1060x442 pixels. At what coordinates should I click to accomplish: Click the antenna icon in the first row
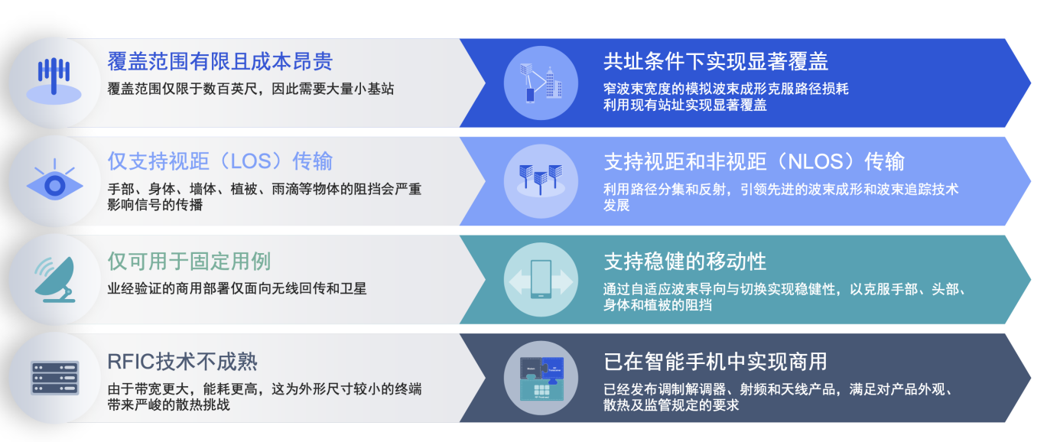[x=54, y=80]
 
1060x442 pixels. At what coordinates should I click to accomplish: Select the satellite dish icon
[x=55, y=279]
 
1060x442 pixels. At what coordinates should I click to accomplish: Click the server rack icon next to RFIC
[x=55, y=378]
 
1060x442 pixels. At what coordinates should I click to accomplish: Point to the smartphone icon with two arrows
[x=541, y=280]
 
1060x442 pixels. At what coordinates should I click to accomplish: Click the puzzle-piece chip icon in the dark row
[x=541, y=379]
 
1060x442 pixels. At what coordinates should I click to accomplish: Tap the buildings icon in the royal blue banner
[x=541, y=83]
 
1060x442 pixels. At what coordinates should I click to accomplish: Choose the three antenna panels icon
[x=541, y=180]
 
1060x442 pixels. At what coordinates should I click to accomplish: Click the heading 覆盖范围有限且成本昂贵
[x=220, y=61]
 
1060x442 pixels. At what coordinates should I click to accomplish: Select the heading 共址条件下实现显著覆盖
[x=716, y=61]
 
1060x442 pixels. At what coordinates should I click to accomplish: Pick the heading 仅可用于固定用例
[x=189, y=262]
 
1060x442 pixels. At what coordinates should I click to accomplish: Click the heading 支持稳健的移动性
[x=684, y=262]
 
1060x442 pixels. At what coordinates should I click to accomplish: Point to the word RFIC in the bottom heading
[x=131, y=362]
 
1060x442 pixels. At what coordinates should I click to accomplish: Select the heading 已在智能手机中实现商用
[x=716, y=362]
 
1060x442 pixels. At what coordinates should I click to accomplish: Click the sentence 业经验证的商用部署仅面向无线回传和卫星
[x=236, y=288]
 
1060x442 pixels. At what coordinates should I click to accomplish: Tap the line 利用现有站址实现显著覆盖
[x=684, y=105]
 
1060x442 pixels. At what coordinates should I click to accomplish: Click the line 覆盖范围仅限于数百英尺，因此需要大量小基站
[x=250, y=89]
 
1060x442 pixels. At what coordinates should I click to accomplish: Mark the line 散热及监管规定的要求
[x=671, y=405]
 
